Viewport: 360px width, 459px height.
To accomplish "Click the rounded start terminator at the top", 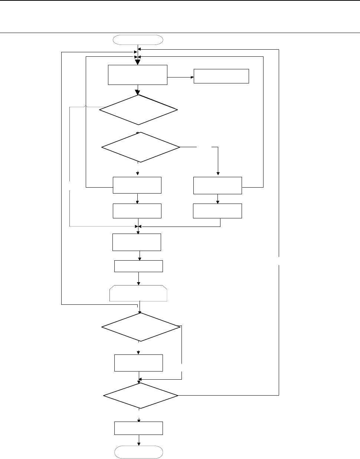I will (x=138, y=40).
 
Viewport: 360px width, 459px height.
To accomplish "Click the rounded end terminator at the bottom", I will (x=138, y=452).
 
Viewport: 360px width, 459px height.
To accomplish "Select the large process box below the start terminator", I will (x=138, y=75).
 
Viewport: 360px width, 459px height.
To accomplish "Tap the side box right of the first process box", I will (x=221, y=76).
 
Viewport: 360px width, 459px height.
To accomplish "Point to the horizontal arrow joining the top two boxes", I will (x=181, y=77).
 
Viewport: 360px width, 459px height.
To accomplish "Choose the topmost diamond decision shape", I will (x=138, y=110).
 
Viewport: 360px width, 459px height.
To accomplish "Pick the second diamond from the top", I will (x=141, y=147).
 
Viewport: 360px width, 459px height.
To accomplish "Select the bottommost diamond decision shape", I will (x=141, y=396).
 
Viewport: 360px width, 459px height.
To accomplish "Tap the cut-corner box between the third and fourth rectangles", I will (x=138, y=293).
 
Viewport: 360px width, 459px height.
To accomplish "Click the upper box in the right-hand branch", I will (x=217, y=185).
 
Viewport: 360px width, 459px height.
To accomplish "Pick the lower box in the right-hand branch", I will (x=217, y=211).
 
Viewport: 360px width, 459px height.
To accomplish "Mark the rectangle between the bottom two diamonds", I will (x=138, y=363).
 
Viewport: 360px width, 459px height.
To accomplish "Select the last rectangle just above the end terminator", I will (x=138, y=428).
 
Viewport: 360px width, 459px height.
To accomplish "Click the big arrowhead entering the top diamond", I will (x=137, y=92).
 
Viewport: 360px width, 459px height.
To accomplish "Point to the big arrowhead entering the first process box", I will (x=137, y=62).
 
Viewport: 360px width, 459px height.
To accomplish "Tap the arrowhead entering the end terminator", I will (x=139, y=444).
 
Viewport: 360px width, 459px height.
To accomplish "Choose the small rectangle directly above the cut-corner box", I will (x=138, y=266).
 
